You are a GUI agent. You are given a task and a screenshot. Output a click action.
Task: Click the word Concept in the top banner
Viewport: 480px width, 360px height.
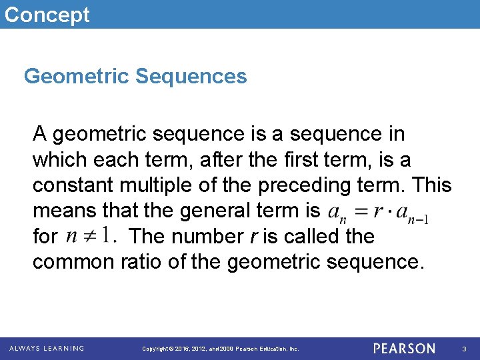click(x=46, y=14)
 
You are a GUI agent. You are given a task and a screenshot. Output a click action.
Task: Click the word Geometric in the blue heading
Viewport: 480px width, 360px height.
click(x=76, y=77)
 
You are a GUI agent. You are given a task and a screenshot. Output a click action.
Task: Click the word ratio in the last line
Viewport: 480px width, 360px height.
click(x=141, y=262)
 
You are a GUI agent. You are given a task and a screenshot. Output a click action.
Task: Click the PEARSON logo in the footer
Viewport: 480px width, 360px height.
click(x=404, y=349)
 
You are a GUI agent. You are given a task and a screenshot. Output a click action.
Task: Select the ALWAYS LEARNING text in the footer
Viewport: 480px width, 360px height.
click(x=47, y=349)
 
